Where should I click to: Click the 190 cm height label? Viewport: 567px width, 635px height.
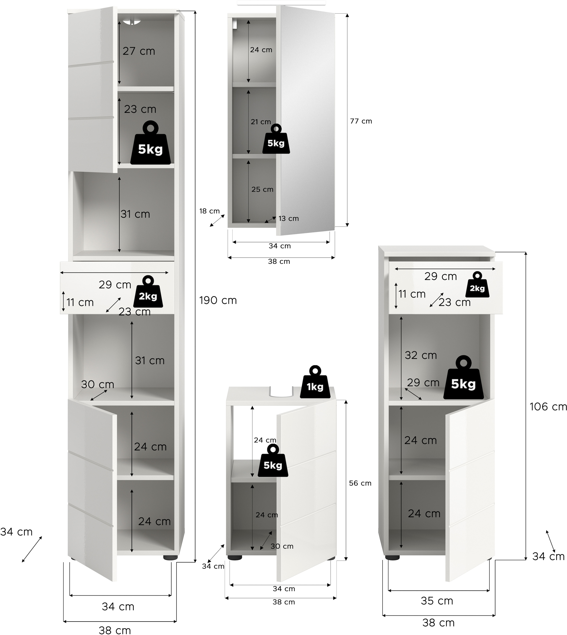218,300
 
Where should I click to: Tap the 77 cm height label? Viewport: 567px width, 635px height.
361,121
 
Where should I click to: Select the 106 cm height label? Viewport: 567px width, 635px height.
548,406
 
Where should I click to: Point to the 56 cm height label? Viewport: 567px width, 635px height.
360,483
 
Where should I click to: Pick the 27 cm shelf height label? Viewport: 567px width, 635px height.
139,51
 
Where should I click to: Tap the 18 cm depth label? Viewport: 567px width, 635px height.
209,211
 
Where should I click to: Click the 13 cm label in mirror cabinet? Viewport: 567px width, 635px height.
288,219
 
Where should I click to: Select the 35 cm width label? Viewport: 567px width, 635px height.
437,601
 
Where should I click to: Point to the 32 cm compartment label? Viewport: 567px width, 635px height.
421,355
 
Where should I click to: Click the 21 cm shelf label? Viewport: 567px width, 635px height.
261,122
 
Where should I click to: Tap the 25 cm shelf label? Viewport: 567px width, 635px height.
262,189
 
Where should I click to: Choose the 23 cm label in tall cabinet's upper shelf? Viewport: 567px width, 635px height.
140,109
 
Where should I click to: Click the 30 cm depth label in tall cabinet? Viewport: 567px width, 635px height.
98,385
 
